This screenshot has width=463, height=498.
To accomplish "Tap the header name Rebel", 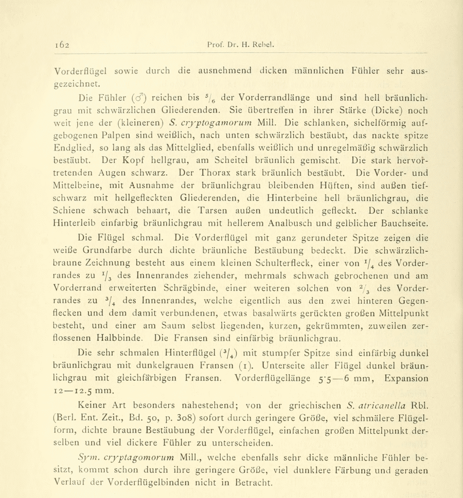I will click(x=264, y=44).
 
